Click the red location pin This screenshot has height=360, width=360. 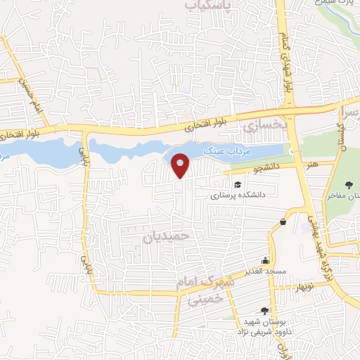181,164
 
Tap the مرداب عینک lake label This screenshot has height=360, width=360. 221,150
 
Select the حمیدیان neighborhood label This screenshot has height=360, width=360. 167,237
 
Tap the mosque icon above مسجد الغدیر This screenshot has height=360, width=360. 265,259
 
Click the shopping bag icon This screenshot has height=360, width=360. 283,222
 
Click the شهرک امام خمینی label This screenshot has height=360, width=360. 205,290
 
